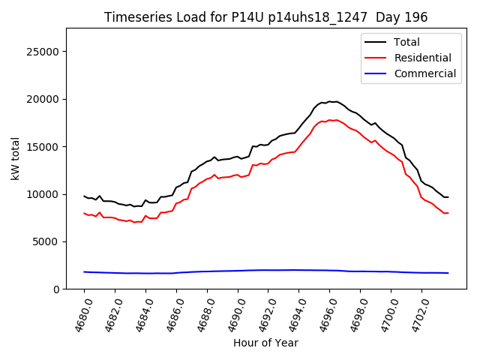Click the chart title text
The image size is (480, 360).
[265, 17]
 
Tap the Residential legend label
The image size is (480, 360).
[422, 58]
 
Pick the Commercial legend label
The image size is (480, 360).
[424, 73]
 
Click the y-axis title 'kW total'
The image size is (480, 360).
[16, 158]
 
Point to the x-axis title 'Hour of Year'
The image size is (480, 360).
[265, 343]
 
